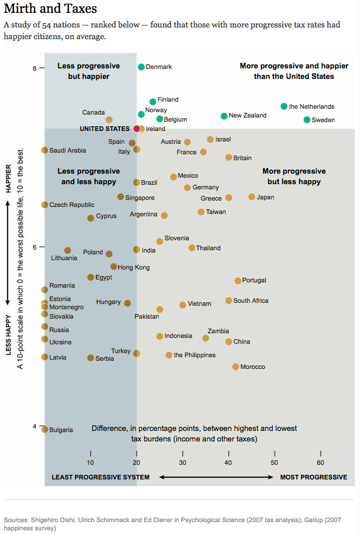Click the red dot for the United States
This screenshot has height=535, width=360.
[137, 129]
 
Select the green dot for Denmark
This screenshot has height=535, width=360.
[141, 67]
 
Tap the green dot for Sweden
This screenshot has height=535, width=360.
[307, 120]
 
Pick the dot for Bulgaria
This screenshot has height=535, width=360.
[45, 430]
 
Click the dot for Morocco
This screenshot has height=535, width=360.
[236, 367]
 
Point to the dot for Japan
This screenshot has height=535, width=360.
[252, 197]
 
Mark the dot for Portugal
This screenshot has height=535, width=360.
[238, 281]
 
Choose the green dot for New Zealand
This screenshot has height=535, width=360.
[224, 116]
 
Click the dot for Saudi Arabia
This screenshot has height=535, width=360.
[45, 150]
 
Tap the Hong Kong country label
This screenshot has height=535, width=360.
[134, 267]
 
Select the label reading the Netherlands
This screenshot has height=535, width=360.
[311, 106]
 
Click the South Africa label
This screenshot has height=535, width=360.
[251, 301]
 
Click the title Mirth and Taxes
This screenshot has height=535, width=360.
[50, 9]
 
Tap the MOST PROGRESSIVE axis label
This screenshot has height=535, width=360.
[313, 477]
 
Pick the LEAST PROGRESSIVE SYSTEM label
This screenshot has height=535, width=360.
[101, 477]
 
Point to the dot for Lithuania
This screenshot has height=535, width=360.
[68, 250]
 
